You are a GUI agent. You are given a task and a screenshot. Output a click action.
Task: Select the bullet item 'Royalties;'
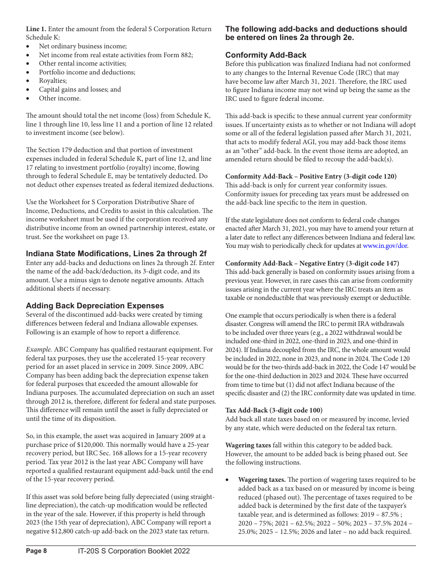[53, 80]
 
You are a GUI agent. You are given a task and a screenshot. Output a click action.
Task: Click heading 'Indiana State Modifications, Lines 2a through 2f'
[116, 254]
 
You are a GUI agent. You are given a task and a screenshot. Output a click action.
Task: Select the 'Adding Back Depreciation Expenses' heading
[95, 306]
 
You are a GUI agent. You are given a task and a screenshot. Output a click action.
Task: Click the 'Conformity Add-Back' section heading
[266, 55]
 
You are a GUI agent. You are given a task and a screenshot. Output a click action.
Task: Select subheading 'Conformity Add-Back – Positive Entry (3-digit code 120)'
[311, 176]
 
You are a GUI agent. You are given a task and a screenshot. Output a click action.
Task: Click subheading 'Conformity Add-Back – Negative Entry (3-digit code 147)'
[312, 263]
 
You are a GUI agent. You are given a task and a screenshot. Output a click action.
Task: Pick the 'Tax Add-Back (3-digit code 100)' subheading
[274, 410]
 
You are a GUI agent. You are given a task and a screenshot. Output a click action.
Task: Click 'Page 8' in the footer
[36, 551]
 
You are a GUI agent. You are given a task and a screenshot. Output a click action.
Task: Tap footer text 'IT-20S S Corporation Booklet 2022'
[134, 551]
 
